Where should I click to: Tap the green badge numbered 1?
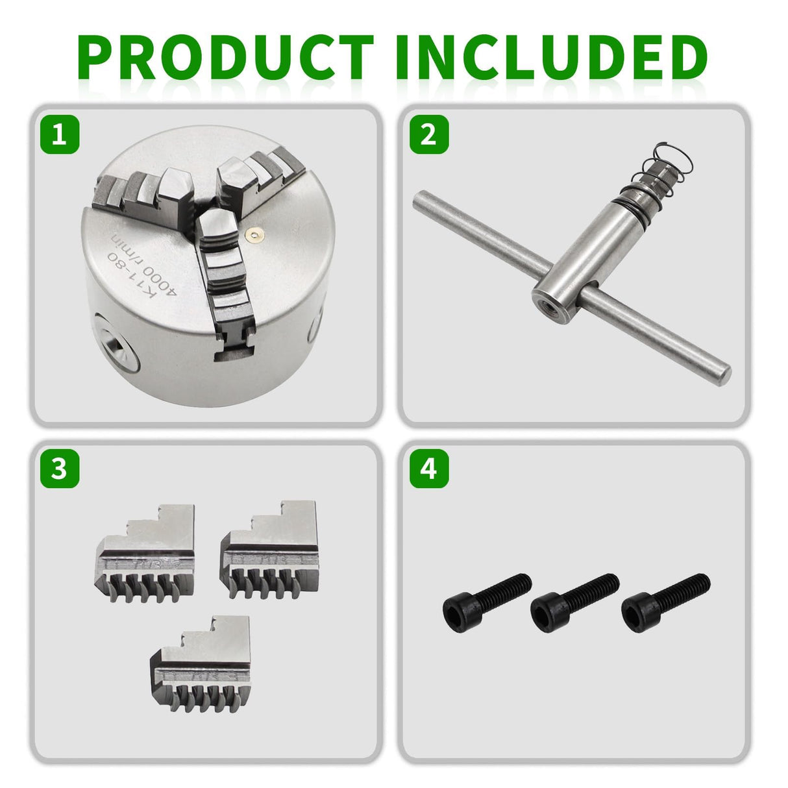59,135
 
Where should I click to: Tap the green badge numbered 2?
428,135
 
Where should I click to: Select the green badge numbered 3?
59,469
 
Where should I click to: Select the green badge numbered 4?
428,469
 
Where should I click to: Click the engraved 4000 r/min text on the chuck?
156,266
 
